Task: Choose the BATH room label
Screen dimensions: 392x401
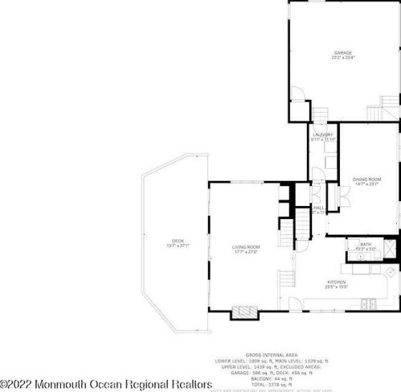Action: (366, 244)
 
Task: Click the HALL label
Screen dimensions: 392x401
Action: (319, 207)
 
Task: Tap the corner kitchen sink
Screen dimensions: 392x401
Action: (389, 273)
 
